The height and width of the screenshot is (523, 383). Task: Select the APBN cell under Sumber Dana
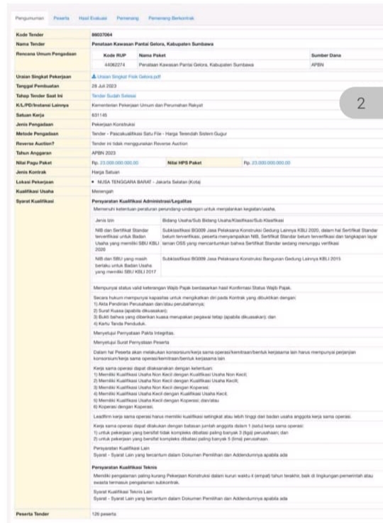(x=317, y=63)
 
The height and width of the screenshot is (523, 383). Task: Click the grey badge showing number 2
(x=360, y=103)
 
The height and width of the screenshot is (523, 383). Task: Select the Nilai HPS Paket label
(x=187, y=162)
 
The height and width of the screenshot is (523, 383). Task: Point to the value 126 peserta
(x=104, y=512)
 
